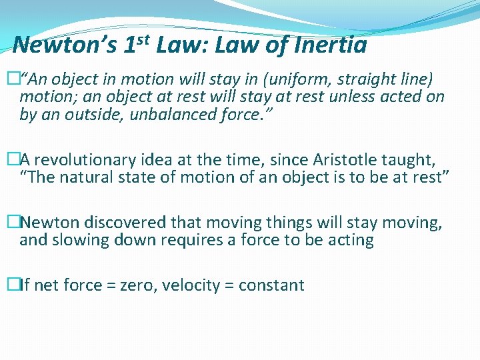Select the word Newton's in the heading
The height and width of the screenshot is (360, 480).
click(x=65, y=45)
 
